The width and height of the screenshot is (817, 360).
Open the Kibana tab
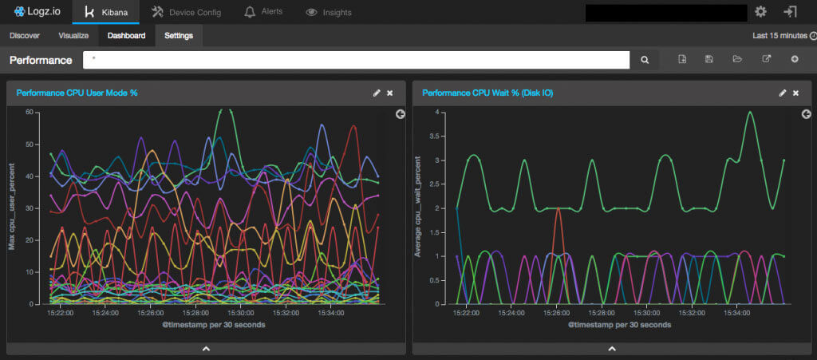(105, 12)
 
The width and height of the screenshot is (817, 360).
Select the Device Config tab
(187, 12)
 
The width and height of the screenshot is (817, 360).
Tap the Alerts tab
(262, 12)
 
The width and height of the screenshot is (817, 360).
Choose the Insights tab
(329, 12)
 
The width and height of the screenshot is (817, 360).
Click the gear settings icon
(760, 11)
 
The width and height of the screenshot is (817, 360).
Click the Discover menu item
(25, 35)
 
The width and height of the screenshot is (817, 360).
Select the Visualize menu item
(73, 35)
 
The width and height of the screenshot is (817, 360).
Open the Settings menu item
(179, 35)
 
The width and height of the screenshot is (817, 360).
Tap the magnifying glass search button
(645, 60)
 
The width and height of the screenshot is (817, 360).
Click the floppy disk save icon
(708, 59)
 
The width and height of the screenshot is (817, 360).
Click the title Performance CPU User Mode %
(77, 93)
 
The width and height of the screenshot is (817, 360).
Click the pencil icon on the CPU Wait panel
(783, 93)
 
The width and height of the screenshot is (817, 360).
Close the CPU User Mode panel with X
(390, 93)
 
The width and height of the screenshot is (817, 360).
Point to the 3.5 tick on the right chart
(434, 136)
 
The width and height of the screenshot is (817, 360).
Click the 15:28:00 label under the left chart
(195, 313)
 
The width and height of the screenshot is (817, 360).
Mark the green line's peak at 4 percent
(750, 112)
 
